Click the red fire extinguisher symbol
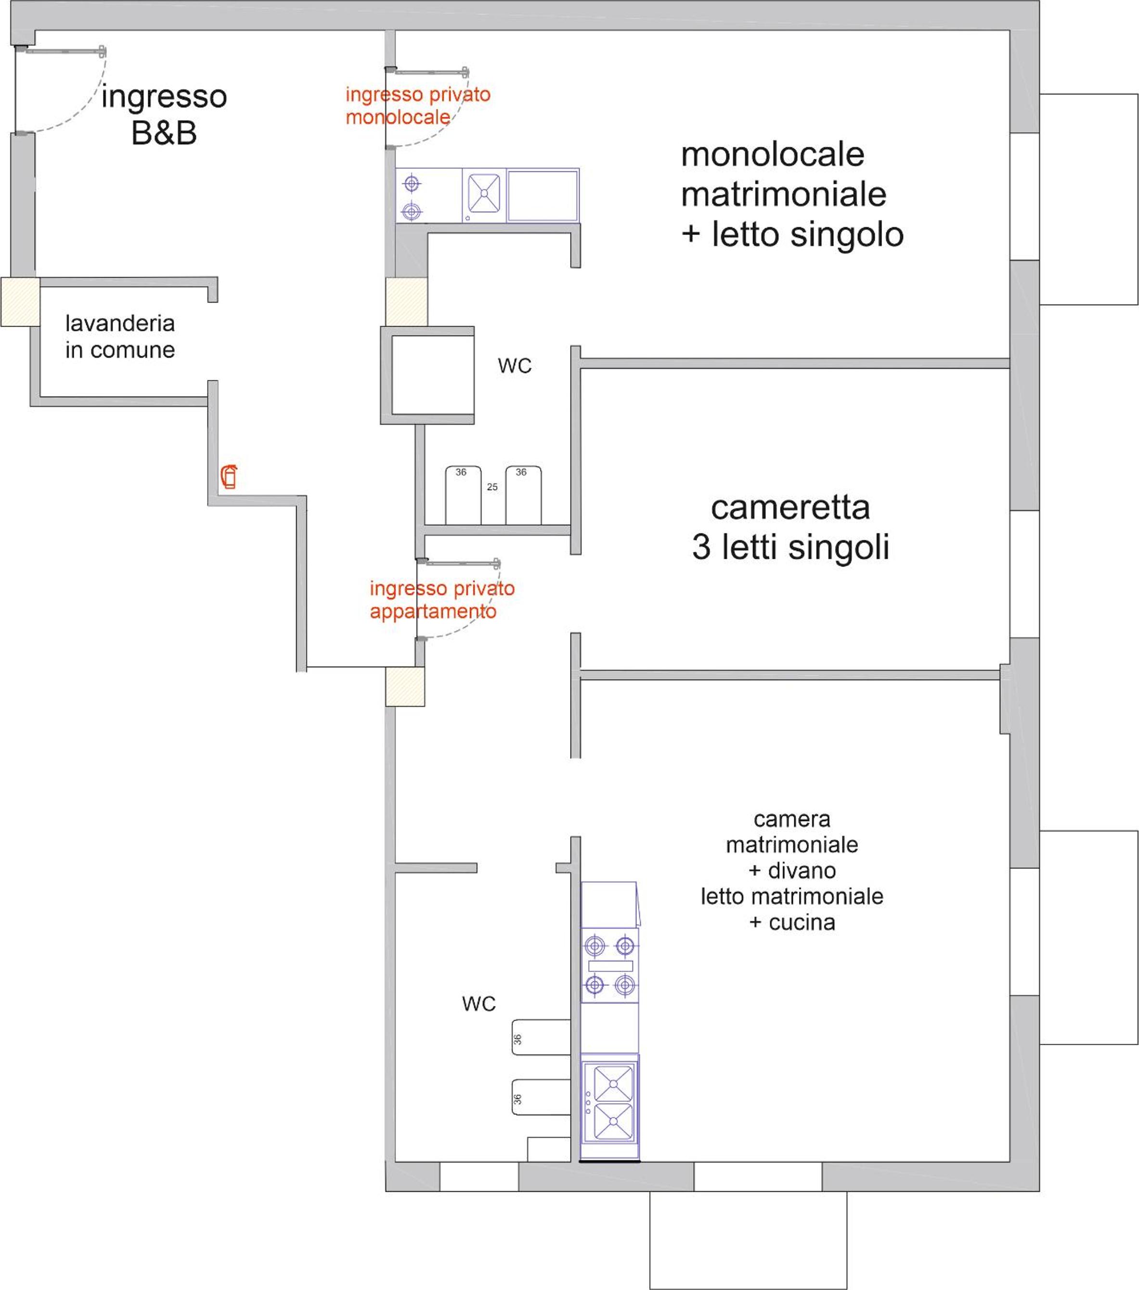click(x=229, y=477)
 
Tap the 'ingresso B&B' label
click(x=164, y=115)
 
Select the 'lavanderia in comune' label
click(x=120, y=336)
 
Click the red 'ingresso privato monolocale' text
click(x=418, y=105)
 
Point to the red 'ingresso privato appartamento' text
click(x=442, y=600)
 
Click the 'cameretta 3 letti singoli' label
click(x=790, y=527)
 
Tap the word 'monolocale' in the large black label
click(x=772, y=154)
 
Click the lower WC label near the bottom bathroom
click(x=479, y=1004)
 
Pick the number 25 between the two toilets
click(x=492, y=487)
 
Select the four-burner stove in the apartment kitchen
click(x=609, y=965)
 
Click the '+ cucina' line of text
click(x=792, y=922)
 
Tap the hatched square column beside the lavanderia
click(x=20, y=302)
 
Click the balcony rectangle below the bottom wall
click(x=749, y=1240)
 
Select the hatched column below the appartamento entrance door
click(x=405, y=687)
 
